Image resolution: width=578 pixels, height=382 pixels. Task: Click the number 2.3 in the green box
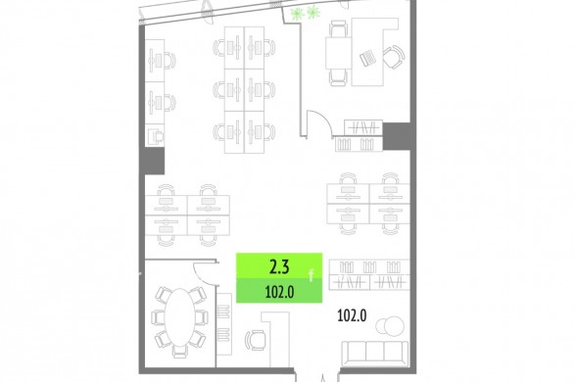pyautogui.click(x=279, y=266)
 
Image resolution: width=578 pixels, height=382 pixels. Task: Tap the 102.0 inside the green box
pyautogui.click(x=279, y=292)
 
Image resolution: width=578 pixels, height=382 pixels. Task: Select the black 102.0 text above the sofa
pyautogui.click(x=352, y=315)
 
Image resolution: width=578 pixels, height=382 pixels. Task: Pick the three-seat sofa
pyautogui.click(x=375, y=354)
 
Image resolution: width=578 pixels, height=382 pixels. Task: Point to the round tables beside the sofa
pyautogui.click(x=390, y=326)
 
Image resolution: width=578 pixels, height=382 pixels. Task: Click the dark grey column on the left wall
pyautogui.click(x=152, y=161)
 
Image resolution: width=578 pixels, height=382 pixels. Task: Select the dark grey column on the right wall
pyautogui.click(x=397, y=136)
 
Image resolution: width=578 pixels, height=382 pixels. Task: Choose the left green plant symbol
pyautogui.click(x=297, y=14)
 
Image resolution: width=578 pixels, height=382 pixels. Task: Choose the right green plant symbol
pyautogui.click(x=313, y=13)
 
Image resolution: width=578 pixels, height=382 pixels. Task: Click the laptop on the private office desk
pyautogui.click(x=367, y=58)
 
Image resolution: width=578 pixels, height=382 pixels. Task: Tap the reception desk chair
pyautogui.click(x=255, y=340)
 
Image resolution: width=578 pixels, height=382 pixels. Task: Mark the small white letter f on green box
pyautogui.click(x=312, y=275)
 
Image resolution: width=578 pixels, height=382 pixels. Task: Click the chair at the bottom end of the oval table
pyautogui.click(x=180, y=351)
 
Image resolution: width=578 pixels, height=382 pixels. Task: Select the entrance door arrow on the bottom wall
pyautogui.click(x=323, y=378)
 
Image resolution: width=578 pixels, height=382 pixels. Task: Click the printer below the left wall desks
pyautogui.click(x=156, y=136)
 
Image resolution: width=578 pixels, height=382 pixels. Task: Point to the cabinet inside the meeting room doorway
pyautogui.click(x=223, y=324)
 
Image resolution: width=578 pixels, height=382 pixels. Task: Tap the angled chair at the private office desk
pyautogui.click(x=394, y=57)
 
